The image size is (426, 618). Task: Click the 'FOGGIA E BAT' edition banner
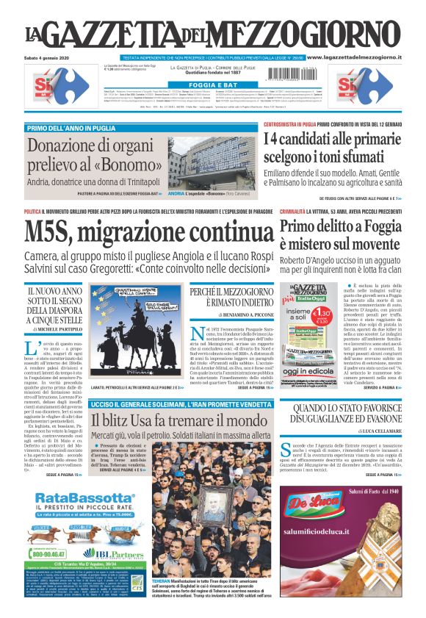pos(213,85)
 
